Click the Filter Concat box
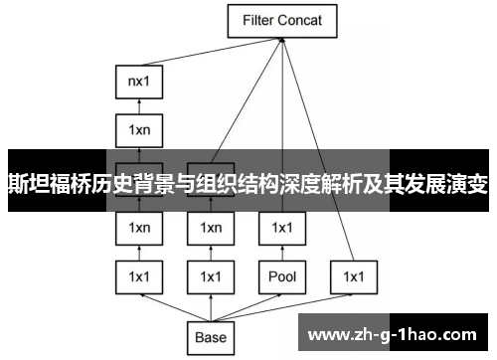[282, 20]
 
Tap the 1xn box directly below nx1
[139, 129]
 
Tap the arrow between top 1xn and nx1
[139, 106]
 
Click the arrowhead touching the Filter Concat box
[282, 40]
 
